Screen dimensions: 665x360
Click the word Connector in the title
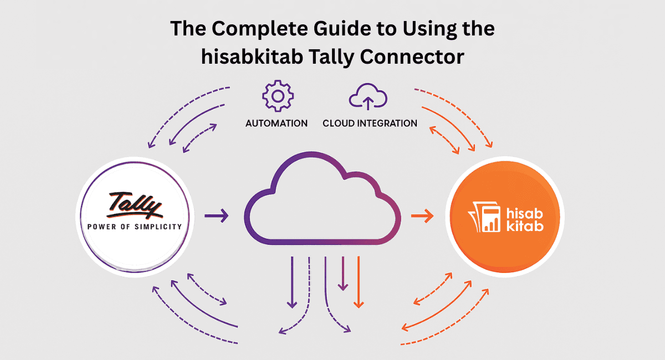pos(412,56)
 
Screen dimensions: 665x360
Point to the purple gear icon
pos(278,96)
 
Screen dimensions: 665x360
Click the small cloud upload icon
pos(368,96)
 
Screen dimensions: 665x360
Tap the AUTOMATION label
pos(277,123)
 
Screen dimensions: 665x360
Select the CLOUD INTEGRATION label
pos(370,123)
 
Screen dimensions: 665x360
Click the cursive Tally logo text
pos(135,205)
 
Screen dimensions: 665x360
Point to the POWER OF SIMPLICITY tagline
pos(135,227)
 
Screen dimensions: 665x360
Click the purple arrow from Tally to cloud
pos(217,215)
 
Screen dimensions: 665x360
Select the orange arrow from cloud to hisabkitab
pos(422,216)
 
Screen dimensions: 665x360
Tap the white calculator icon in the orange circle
pos(484,217)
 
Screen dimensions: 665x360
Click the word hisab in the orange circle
pos(524,213)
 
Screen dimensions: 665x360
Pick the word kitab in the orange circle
pos(525,227)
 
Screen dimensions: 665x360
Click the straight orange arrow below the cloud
pos(359,282)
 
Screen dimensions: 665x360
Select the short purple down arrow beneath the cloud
pos(343,274)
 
